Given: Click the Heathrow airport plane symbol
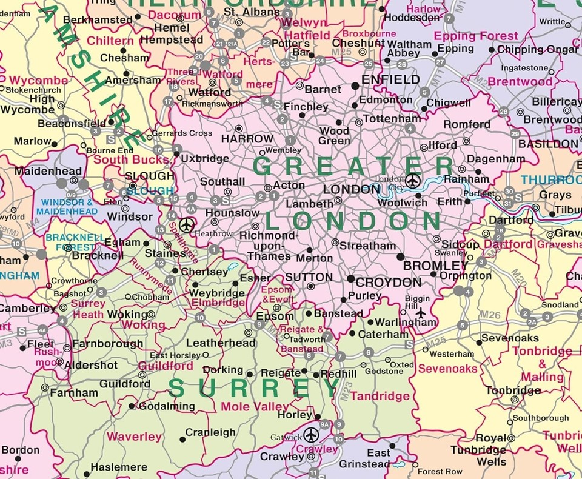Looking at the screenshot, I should [187, 224].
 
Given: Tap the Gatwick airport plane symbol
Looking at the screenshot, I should [311, 434].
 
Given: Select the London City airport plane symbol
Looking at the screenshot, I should [413, 180].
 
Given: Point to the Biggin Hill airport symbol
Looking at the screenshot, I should [421, 313].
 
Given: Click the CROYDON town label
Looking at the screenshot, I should [389, 283].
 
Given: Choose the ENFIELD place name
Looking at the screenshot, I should [390, 79].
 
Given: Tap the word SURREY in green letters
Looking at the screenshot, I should [254, 387].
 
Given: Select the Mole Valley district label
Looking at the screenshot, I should [255, 407].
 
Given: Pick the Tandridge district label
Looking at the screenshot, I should [380, 396].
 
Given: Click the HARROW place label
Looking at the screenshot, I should [247, 139].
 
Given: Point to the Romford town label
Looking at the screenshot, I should [467, 124].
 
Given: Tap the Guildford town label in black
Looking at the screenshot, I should [125, 384].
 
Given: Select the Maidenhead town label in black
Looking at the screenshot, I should [39, 172].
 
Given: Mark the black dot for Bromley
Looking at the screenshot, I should [400, 257].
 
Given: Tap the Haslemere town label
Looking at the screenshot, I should [119, 467].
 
